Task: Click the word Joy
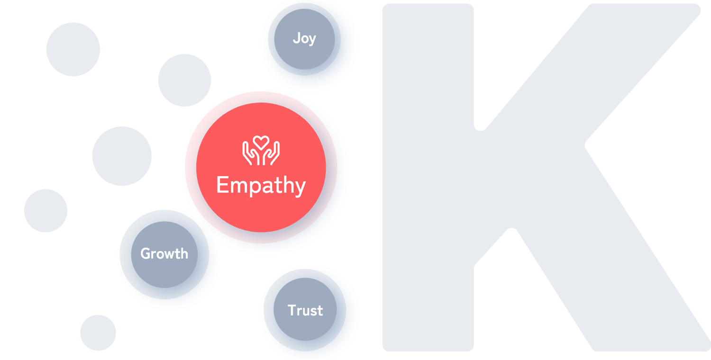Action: [304, 38]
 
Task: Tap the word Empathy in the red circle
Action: [261, 186]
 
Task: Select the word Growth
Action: [164, 254]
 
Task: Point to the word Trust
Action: [305, 311]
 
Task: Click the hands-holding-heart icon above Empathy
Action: [261, 151]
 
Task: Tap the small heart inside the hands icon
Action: [261, 142]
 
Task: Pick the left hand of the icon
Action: [250, 154]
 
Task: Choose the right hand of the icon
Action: [272, 154]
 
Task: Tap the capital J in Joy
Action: [296, 38]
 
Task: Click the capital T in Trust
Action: [292, 310]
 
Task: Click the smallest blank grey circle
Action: [98, 332]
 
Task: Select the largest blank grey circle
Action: [122, 155]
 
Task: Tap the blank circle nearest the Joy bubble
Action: [184, 80]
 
